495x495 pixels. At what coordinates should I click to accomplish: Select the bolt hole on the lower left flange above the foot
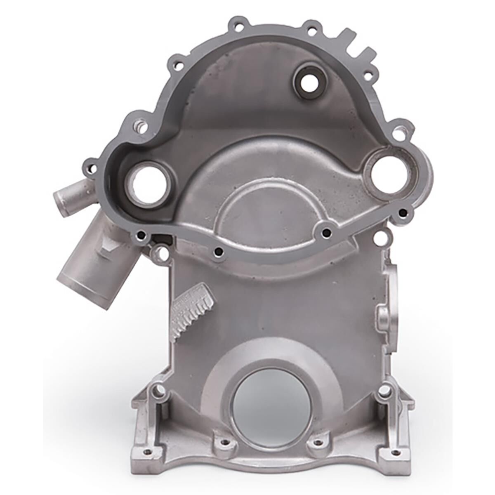157,390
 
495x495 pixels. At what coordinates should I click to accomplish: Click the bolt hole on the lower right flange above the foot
384,390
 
